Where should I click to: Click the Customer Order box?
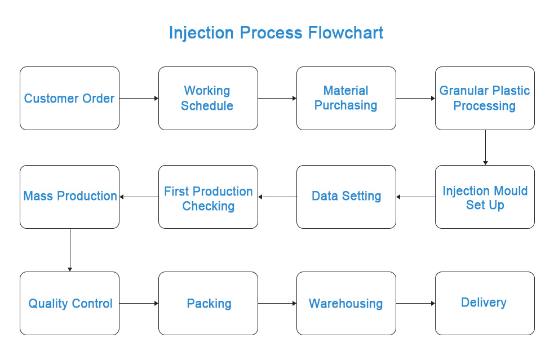(70, 98)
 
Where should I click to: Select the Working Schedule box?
(208, 98)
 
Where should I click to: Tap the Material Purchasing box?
(346, 98)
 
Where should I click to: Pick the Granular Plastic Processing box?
(485, 98)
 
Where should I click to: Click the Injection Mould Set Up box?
(485, 197)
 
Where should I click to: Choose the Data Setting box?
(346, 197)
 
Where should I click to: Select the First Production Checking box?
(208, 197)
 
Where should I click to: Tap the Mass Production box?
(70, 197)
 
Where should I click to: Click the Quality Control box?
(70, 303)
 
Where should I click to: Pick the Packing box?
(208, 303)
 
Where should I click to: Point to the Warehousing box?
(346, 303)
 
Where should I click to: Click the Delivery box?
(485, 303)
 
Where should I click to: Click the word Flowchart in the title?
(345, 33)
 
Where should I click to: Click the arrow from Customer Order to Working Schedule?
(139, 98)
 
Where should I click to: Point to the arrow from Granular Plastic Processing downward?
(485, 147)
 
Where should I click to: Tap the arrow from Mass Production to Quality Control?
(70, 250)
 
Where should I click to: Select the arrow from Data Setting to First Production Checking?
(277, 197)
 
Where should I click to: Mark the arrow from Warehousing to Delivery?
(415, 303)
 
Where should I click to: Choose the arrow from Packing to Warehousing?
(277, 303)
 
